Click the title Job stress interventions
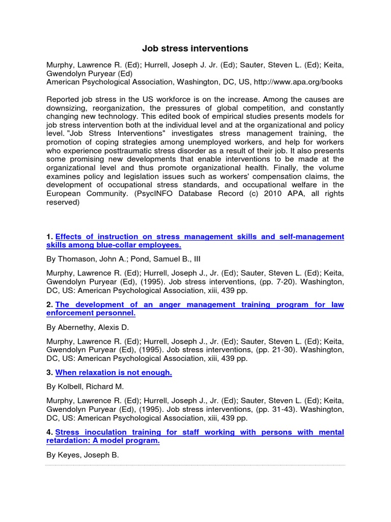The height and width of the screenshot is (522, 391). point(195,49)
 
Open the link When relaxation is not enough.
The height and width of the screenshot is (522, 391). point(114,373)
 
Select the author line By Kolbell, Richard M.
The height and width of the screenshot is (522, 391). point(85,387)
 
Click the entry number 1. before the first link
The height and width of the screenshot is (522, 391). point(50,237)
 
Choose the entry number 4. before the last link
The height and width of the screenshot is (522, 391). point(50,432)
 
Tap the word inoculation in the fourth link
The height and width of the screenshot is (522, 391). point(103,432)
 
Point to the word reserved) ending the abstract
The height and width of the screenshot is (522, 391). point(63,202)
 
